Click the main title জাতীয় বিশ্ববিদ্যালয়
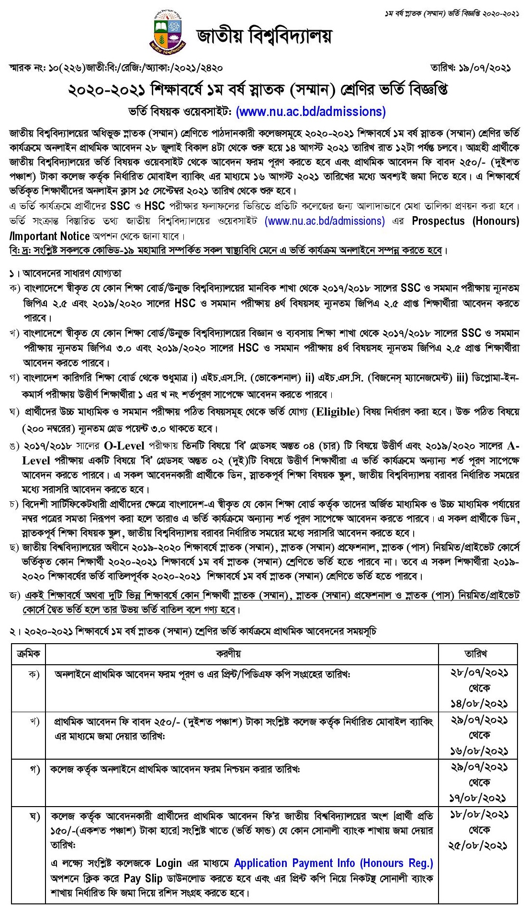(x=263, y=36)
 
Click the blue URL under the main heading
(x=311, y=112)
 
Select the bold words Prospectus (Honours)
(x=466, y=221)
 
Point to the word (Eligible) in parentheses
(x=335, y=412)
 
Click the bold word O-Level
(x=124, y=446)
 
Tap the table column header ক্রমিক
(x=28, y=653)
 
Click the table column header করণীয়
(x=241, y=653)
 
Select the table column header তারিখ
(x=478, y=653)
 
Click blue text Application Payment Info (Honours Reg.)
(x=333, y=863)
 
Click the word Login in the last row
(x=169, y=863)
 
